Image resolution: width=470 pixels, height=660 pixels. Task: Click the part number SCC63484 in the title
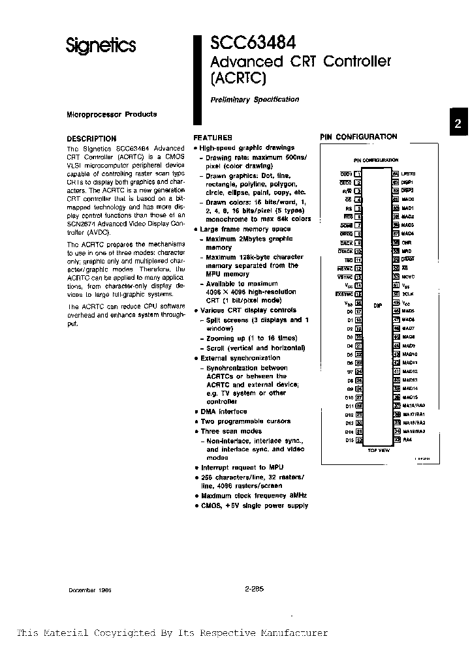tap(253, 43)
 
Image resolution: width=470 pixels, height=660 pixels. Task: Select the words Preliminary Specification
tap(255, 100)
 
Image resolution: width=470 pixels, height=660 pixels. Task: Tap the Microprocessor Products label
tap(112, 114)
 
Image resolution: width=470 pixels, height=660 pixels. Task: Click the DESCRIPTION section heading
tap(92, 138)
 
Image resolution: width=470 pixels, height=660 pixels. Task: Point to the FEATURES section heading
tap(213, 138)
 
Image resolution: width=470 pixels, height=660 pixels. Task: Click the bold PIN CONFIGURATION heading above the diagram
tap(358, 137)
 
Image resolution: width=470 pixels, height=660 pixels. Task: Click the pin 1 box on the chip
tap(358, 174)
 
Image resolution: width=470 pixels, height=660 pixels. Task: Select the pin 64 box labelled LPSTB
tap(396, 174)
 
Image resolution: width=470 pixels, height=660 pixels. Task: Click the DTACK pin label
tap(345, 251)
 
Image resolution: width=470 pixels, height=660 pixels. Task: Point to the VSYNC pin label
tap(345, 277)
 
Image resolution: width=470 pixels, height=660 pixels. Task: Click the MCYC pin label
tap(409, 277)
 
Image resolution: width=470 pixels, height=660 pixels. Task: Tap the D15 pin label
tap(349, 440)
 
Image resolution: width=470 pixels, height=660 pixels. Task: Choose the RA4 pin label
tap(407, 440)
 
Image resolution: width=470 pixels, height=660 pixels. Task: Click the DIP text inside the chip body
tap(377, 305)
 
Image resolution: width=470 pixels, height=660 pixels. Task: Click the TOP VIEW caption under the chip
tap(378, 450)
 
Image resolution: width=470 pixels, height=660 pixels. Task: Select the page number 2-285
tap(254, 589)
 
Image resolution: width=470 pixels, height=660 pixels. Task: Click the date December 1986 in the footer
tap(90, 590)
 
